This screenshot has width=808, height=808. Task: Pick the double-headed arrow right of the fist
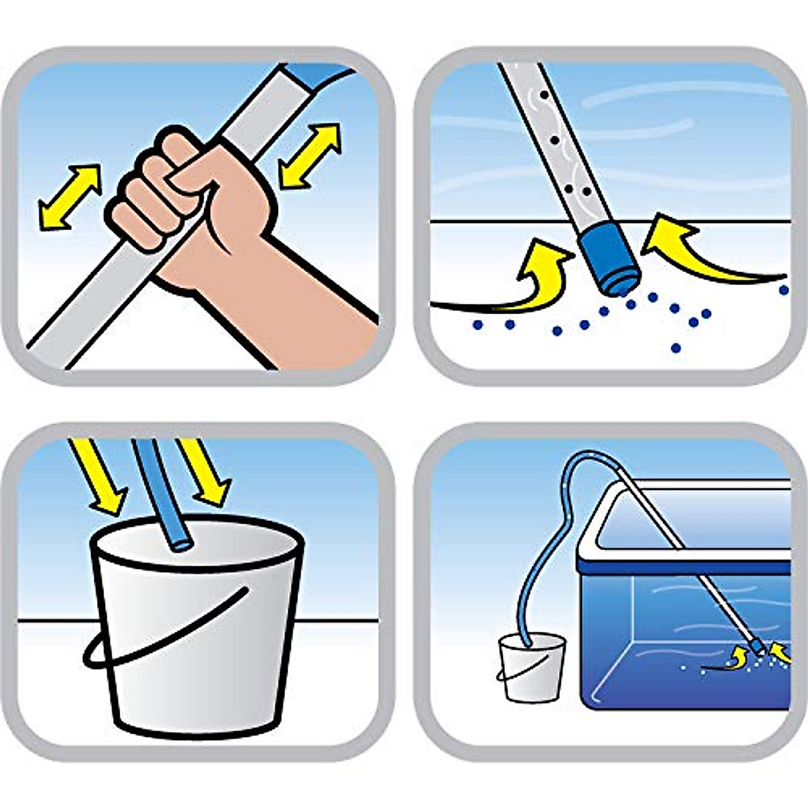(x=310, y=155)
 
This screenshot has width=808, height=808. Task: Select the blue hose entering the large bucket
(x=162, y=492)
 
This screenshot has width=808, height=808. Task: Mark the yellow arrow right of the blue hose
(x=205, y=471)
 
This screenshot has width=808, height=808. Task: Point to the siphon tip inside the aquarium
(x=758, y=647)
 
